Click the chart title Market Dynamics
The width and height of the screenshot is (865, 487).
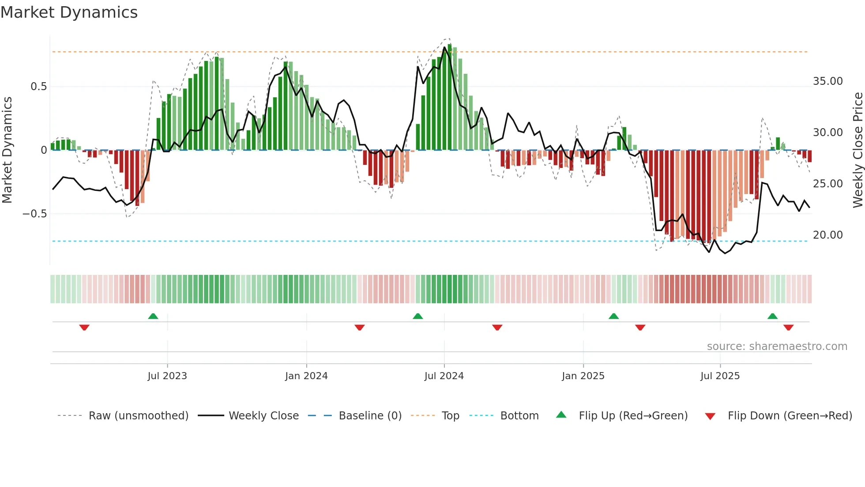[x=69, y=12]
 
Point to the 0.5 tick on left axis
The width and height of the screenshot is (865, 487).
[x=39, y=87]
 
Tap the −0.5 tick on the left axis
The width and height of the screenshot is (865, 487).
[x=35, y=214]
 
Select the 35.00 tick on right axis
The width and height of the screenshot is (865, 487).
[x=827, y=81]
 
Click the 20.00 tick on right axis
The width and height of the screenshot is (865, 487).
[x=827, y=235]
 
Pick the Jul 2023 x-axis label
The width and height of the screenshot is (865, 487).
[x=167, y=376]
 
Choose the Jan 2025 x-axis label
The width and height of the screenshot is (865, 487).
[x=583, y=376]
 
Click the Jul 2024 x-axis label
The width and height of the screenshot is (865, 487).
[x=444, y=376]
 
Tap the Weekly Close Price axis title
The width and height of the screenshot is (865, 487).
[x=857, y=150]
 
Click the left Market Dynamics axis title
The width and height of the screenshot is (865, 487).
[x=7, y=150]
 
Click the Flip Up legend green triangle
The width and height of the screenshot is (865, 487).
[x=561, y=415]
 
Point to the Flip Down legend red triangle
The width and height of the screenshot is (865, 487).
[x=710, y=416]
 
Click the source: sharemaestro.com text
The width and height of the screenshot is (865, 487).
[x=777, y=346]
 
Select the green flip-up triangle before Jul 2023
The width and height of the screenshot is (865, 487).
[x=153, y=316]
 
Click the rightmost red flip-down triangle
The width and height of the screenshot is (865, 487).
[x=789, y=327]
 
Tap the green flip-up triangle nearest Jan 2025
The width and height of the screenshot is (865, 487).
[x=613, y=316]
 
